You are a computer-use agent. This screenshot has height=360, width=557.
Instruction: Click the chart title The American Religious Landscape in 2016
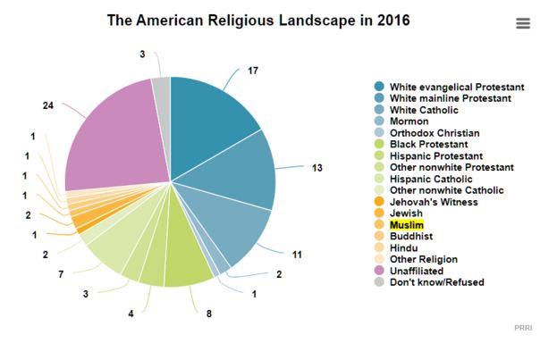coord(258,20)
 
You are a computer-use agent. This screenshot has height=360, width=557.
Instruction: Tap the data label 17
coord(253,70)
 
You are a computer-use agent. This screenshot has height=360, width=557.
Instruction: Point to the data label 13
coord(316,168)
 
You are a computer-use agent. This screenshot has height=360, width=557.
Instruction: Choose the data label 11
coord(297,255)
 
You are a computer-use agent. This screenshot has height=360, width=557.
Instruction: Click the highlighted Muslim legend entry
coord(407,225)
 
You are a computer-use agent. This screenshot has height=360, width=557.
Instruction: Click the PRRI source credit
coord(523,328)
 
